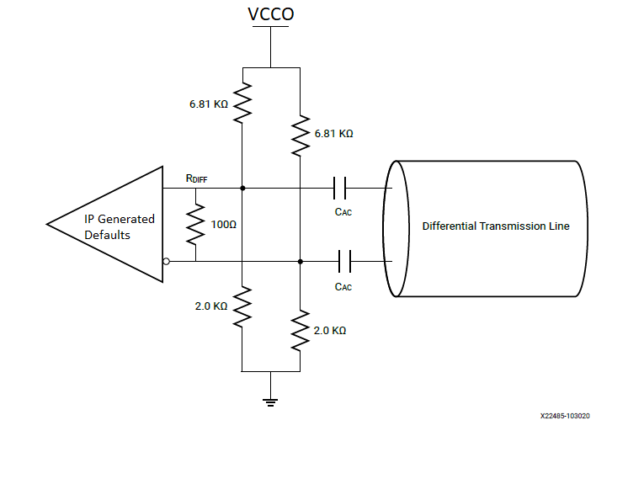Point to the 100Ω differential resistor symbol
click(195, 225)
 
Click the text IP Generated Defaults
click(119, 226)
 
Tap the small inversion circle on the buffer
click(166, 262)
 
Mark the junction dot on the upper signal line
click(242, 189)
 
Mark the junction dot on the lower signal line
click(300, 262)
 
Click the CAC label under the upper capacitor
click(343, 212)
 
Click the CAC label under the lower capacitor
click(343, 287)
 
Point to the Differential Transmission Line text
click(495, 226)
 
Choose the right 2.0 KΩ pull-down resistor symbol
click(300, 331)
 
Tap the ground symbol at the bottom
click(270, 401)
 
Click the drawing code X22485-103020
click(565, 416)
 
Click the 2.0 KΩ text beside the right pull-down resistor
click(329, 331)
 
